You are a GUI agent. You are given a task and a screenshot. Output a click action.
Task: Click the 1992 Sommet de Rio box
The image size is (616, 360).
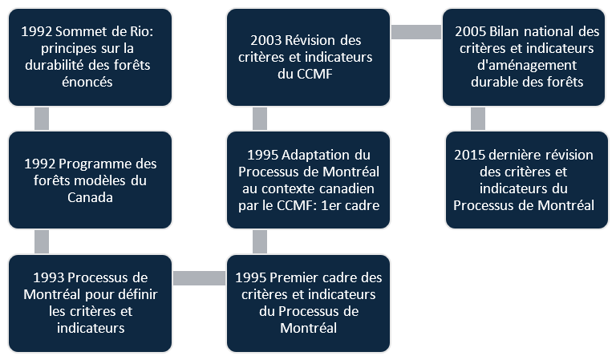tap(91, 57)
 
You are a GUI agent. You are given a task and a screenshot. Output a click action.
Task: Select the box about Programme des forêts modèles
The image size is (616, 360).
tap(91, 180)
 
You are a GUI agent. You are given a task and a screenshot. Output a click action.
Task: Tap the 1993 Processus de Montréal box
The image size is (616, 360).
tap(91, 303)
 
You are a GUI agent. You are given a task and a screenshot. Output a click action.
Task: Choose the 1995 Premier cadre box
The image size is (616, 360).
tap(308, 303)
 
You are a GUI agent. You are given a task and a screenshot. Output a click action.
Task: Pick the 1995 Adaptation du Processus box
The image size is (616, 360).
tap(308, 180)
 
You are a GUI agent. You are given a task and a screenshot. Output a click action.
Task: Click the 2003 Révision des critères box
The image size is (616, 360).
tap(308, 57)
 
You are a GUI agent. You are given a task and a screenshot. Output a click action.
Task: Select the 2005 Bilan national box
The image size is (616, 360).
tap(524, 57)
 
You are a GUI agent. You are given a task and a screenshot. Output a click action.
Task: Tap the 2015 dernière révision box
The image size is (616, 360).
tap(527, 180)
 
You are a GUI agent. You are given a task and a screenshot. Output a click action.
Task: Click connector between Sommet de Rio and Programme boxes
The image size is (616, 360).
tap(42, 119)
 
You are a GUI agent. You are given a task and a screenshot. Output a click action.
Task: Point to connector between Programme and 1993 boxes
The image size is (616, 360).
tap(42, 241)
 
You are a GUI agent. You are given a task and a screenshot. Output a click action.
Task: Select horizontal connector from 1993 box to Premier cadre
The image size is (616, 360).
tap(199, 278)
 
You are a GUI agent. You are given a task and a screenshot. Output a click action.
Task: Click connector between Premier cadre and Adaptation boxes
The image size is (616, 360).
tap(260, 241)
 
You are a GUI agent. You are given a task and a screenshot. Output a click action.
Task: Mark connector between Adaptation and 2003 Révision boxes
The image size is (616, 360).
tap(260, 119)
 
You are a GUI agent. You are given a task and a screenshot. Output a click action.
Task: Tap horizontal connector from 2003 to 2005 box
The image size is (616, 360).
tap(416, 32)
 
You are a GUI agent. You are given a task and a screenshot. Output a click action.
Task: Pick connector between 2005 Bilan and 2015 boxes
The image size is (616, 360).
tap(478, 119)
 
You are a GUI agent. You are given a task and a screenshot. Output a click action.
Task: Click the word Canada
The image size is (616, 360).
tap(90, 197)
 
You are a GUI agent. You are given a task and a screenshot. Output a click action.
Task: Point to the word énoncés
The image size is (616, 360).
tap(87, 82)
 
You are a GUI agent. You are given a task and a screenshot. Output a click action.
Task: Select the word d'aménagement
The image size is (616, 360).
tap(527, 65)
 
